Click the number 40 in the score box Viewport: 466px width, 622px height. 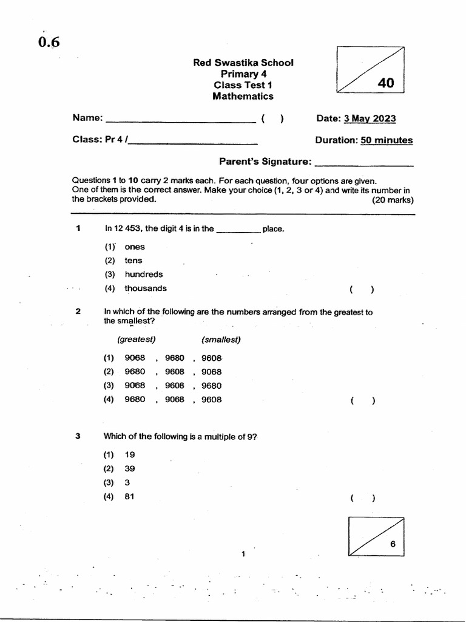[x=385, y=83]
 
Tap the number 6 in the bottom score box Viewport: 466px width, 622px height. [x=393, y=544]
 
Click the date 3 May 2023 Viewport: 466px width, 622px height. [x=370, y=118]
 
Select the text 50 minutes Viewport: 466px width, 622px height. [x=387, y=140]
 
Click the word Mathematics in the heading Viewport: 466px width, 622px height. [x=243, y=96]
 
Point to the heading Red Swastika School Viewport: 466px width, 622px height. [x=243, y=63]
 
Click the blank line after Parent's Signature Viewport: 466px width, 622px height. [x=365, y=164]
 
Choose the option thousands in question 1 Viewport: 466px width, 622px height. [x=146, y=289]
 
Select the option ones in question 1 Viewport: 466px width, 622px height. [x=135, y=247]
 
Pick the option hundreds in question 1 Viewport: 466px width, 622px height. [x=144, y=275]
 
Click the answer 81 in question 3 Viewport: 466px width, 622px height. [x=130, y=497]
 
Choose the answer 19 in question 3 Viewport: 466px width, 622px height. [x=130, y=454]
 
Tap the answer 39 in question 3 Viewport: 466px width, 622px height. [x=130, y=468]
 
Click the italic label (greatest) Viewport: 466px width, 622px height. [x=137, y=340]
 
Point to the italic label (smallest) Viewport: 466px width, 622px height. [x=221, y=340]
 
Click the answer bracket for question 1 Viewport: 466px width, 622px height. [x=362, y=290]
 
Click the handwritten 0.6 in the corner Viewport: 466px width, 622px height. [x=49, y=42]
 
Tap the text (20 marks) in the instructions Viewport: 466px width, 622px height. [x=393, y=199]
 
